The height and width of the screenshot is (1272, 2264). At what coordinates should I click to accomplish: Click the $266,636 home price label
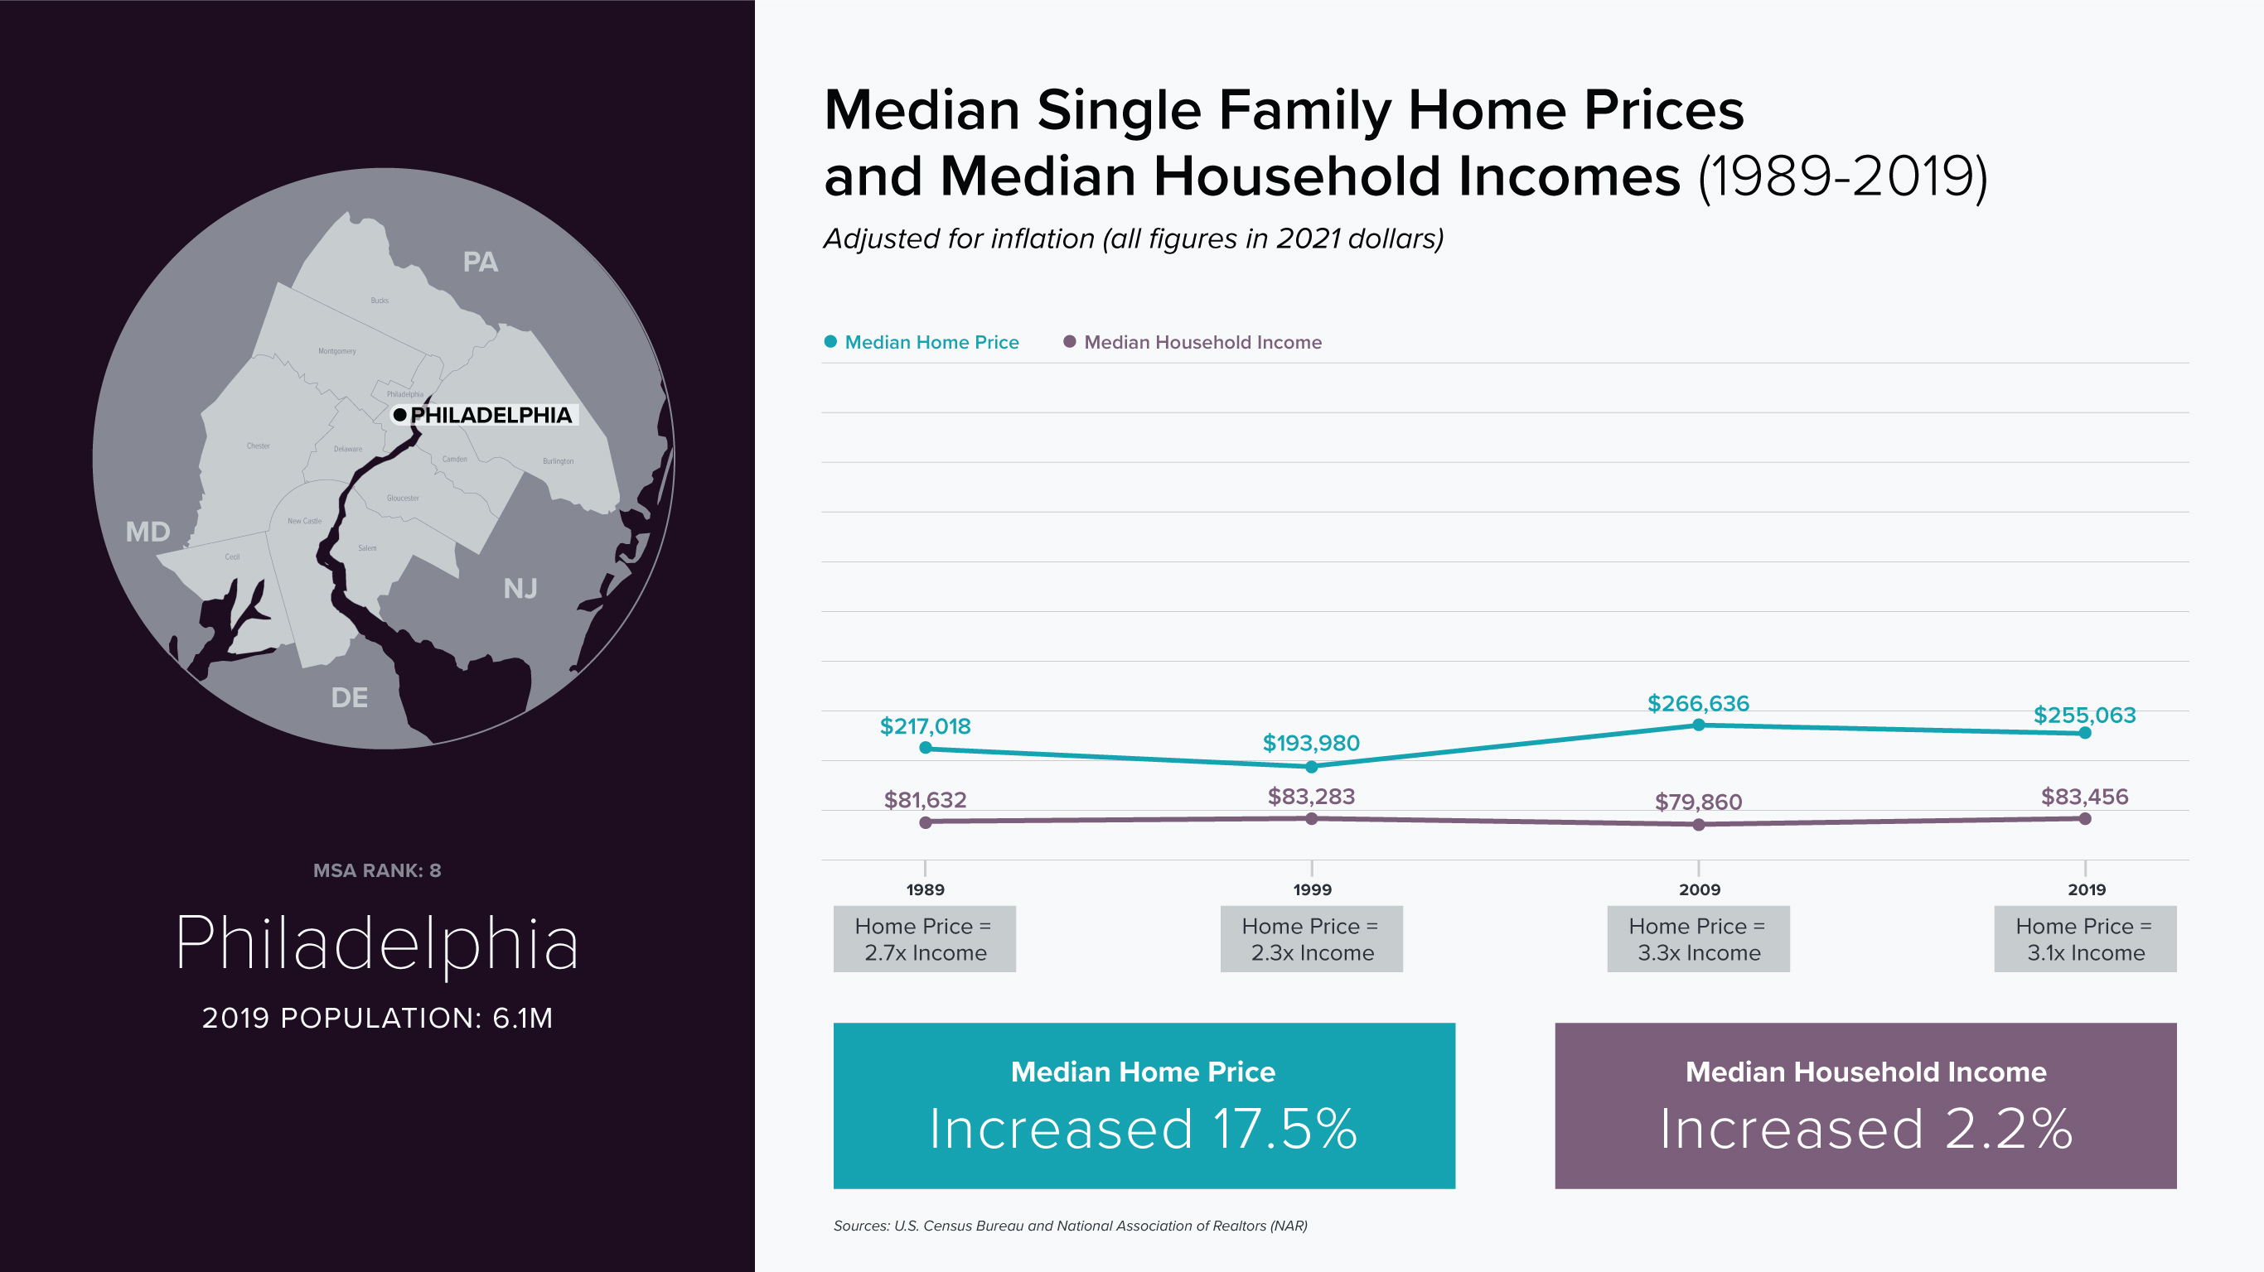(1697, 704)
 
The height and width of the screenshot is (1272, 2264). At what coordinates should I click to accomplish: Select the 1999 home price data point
(1311, 767)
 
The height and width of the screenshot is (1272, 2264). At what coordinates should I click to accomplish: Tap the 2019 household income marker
(2085, 819)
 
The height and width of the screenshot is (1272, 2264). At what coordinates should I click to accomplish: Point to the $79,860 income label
(1697, 802)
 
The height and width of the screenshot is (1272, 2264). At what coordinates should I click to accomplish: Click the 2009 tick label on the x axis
(1699, 889)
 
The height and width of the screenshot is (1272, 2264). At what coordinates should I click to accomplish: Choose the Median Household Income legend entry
(1202, 343)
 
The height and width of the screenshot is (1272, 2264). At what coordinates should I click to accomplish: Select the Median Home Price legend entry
(931, 343)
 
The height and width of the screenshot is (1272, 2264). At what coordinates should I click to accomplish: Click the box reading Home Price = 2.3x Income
(1311, 939)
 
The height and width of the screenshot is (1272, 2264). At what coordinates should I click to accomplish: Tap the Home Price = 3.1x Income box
(2085, 939)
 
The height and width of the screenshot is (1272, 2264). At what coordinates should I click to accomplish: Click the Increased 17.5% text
(1144, 1129)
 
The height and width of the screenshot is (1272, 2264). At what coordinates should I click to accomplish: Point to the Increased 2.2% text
(1865, 1129)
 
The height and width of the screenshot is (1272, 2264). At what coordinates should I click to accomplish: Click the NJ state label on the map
(520, 589)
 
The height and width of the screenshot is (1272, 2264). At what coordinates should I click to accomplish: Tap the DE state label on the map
(349, 698)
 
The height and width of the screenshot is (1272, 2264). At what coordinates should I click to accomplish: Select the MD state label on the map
(148, 532)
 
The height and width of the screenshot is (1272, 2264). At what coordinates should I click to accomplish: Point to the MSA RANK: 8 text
(377, 870)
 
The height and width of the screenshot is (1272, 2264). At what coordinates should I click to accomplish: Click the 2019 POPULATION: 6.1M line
(377, 1018)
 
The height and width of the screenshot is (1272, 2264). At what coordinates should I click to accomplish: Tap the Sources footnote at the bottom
(1070, 1226)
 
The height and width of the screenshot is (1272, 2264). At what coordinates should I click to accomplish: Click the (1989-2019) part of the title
(1842, 176)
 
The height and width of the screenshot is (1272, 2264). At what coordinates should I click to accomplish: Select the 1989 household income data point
(925, 822)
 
